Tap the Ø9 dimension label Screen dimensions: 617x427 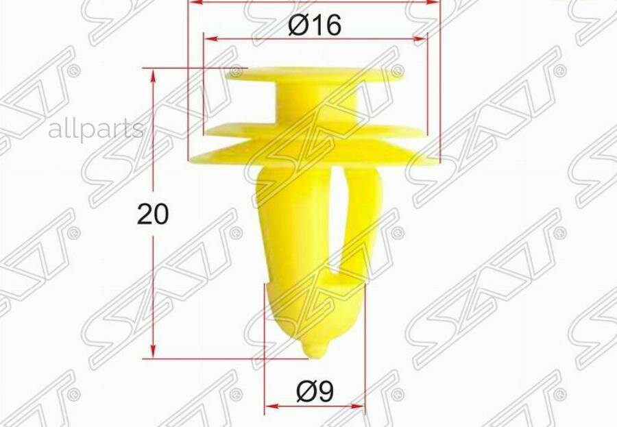(315, 391)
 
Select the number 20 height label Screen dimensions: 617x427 (153, 215)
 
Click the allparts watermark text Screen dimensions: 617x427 (96, 129)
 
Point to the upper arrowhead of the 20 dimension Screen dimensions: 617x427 (153, 75)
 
